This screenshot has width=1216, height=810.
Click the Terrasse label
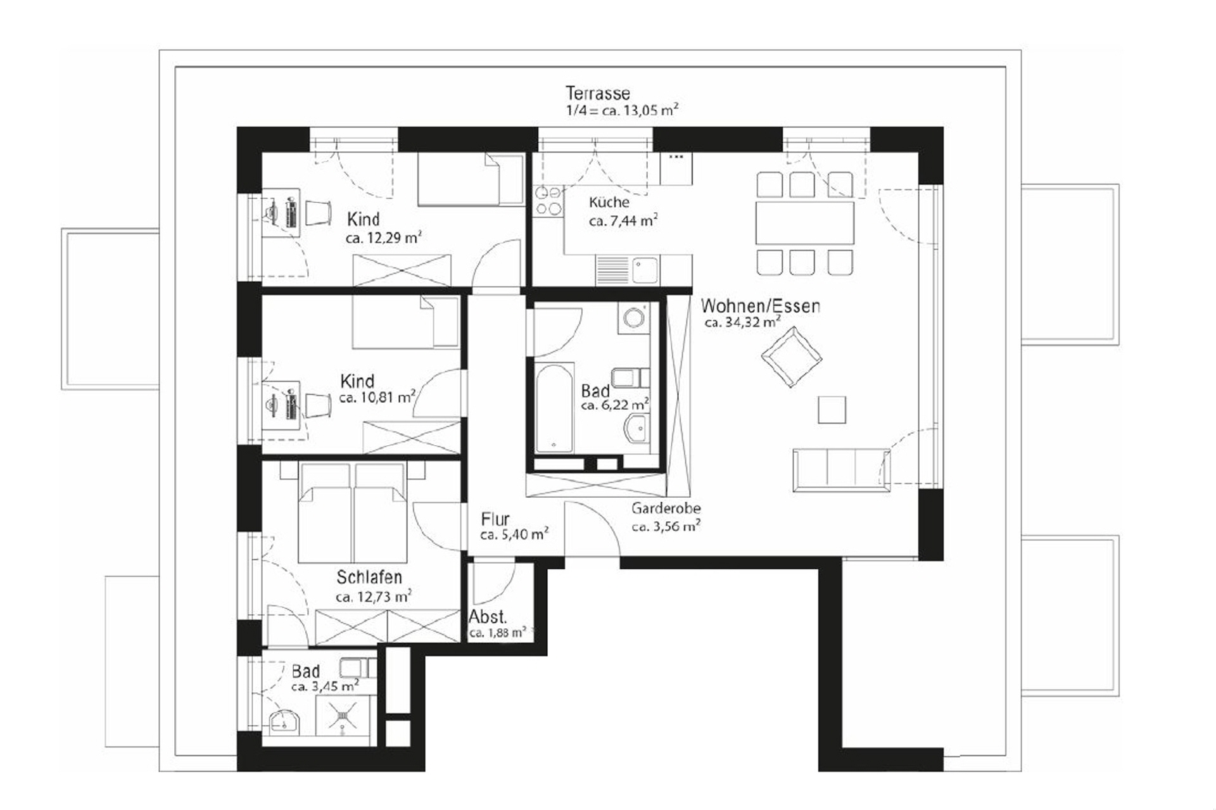[x=598, y=93]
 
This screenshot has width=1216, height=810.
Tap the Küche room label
[x=609, y=203]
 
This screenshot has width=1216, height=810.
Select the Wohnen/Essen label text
[x=760, y=307]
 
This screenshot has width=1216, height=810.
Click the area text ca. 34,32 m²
[x=742, y=322]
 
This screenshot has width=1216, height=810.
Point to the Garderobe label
[x=666, y=509]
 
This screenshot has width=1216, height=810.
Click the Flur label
[x=495, y=519]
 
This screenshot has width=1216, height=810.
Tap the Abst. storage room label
[x=488, y=617]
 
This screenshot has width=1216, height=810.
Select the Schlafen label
[x=369, y=578]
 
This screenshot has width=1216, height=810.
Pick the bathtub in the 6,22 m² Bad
[x=554, y=408]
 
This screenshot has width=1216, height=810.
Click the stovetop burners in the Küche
[x=548, y=200]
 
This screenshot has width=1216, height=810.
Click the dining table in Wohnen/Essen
[x=804, y=222]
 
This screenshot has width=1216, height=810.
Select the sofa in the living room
[x=840, y=469]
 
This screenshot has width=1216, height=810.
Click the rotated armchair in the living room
[x=792, y=358]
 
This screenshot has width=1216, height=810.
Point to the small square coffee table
[x=832, y=409]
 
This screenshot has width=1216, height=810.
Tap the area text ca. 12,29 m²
[x=383, y=239]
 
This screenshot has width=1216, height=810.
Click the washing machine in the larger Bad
[x=633, y=317]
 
